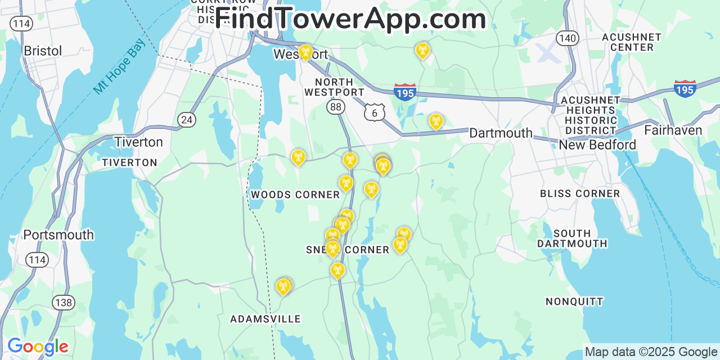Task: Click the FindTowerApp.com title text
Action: tap(350, 19)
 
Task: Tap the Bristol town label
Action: tap(43, 51)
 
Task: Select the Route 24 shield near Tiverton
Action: tap(186, 119)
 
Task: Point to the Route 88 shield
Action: tap(336, 106)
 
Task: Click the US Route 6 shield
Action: tap(374, 112)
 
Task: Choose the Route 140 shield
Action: tap(567, 38)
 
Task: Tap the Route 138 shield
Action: tap(64, 303)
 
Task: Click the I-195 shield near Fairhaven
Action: tap(685, 89)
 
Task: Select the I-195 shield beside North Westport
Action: tap(404, 92)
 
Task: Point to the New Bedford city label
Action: tap(597, 145)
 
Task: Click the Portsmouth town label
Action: tap(58, 235)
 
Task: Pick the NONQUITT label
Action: tap(574, 301)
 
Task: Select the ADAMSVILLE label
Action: tap(265, 319)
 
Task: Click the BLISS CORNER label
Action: tap(580, 193)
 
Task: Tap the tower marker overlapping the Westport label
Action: tap(305, 52)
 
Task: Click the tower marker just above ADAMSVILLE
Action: tap(283, 286)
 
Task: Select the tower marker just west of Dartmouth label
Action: tap(435, 121)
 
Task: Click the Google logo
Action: tap(37, 347)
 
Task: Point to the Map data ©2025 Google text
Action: tap(651, 352)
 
